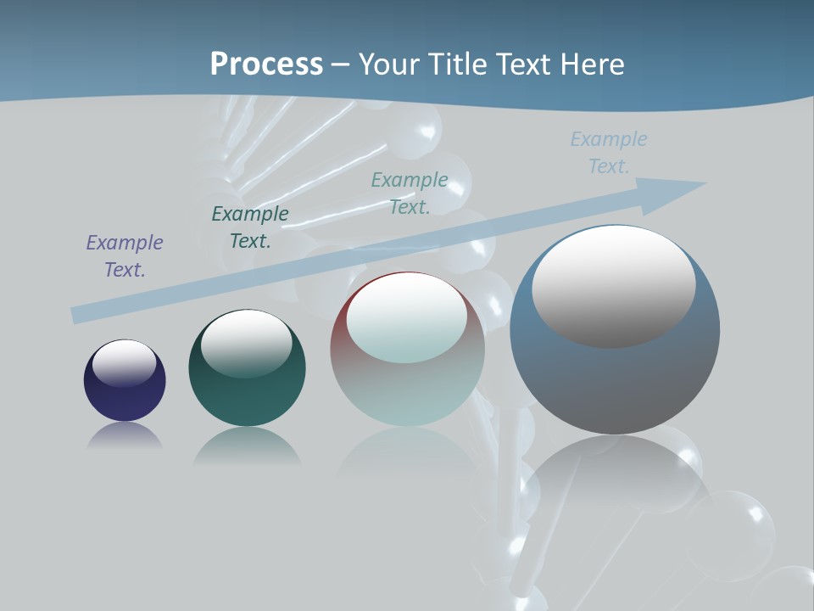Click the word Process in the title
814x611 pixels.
(x=266, y=64)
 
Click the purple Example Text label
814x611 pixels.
(x=125, y=256)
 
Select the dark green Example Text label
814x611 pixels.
(x=250, y=227)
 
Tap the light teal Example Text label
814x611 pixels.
(x=410, y=193)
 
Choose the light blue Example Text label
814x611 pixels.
(x=609, y=153)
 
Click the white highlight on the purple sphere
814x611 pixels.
(x=124, y=363)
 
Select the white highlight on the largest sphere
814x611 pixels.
(x=613, y=284)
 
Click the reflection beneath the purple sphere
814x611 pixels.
(x=125, y=436)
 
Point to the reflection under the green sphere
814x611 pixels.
(x=246, y=446)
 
